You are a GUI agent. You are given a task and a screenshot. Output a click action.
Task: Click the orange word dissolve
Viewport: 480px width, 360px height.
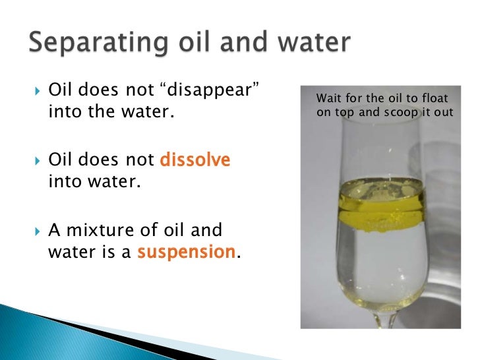coord(195,160)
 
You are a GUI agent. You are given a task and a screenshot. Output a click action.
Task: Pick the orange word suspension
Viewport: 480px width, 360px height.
coord(186,251)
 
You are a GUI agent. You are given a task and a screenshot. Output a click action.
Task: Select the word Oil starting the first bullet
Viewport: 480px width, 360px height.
coord(60,90)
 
